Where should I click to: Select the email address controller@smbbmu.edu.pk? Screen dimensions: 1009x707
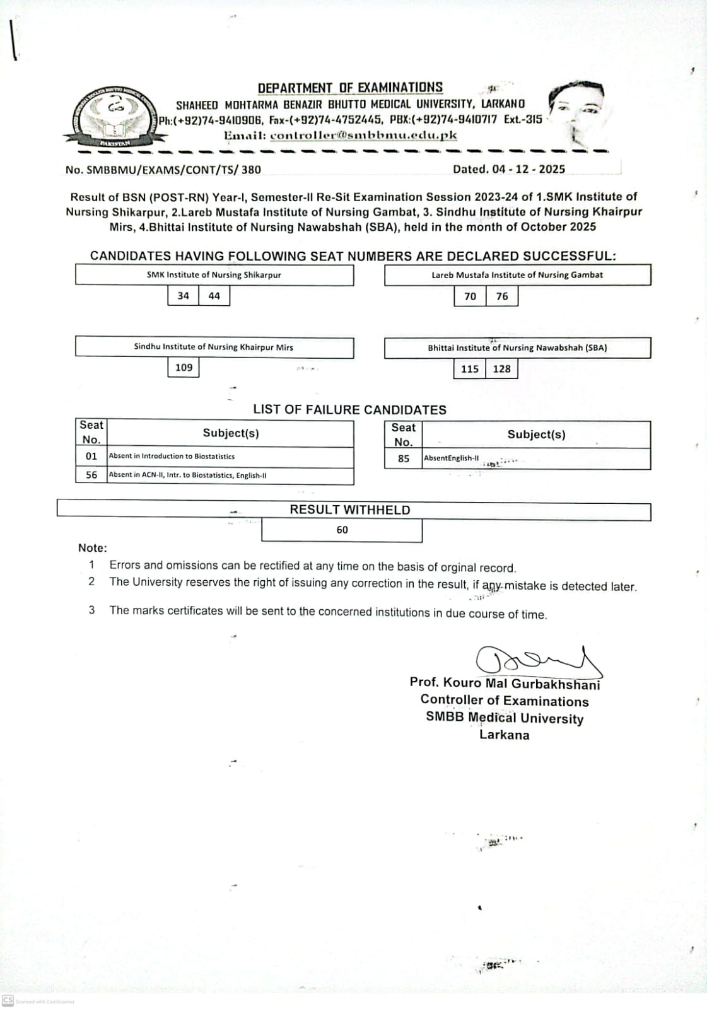point(363,135)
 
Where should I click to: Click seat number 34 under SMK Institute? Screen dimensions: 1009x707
point(183,296)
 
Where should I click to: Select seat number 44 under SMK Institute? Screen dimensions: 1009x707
point(214,296)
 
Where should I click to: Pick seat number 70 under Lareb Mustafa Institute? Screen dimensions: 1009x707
point(470,296)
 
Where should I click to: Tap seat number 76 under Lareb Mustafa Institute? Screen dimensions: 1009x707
point(502,296)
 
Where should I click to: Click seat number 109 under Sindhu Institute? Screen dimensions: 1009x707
point(184,368)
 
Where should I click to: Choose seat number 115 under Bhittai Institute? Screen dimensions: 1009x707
point(470,369)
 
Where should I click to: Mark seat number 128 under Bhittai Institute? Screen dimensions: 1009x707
point(502,369)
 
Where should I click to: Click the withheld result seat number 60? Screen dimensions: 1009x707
point(342,530)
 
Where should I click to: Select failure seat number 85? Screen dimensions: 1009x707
point(404,459)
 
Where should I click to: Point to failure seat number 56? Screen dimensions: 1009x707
point(91,475)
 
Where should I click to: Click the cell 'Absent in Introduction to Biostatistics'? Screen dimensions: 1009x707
point(172,457)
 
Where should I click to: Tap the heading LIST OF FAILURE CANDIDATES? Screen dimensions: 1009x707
point(349,410)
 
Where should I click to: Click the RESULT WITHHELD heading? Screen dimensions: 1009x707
point(350,510)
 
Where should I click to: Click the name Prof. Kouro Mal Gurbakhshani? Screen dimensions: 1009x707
point(505,684)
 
